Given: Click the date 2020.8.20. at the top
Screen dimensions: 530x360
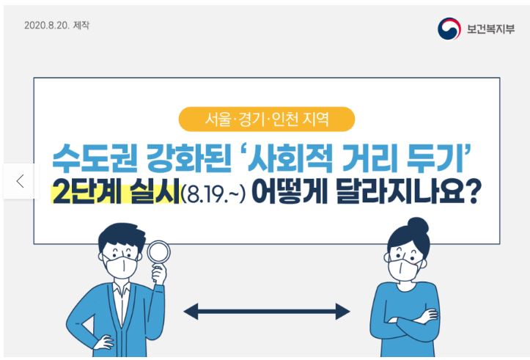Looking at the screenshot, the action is tap(47, 26).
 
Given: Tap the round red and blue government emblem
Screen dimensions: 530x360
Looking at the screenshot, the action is tap(449, 29).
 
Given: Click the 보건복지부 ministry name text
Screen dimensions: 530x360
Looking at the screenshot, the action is tap(491, 29).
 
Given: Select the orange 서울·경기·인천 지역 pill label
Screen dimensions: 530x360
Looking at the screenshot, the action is tap(267, 119).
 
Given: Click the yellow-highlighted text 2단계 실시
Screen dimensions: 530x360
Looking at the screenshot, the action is tap(116, 191).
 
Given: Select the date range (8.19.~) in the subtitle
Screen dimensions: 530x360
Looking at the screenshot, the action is tap(213, 193).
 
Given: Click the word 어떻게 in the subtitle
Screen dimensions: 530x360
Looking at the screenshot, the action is tap(290, 191).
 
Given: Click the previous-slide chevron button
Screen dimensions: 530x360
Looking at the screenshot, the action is tap(21, 181).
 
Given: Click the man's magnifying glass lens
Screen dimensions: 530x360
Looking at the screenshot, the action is tap(158, 251).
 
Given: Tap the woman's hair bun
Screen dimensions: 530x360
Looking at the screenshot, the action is tap(418, 226).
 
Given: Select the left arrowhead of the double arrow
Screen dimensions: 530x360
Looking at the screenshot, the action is tap(191, 312).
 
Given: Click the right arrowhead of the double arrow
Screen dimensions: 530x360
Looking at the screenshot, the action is tap(343, 312).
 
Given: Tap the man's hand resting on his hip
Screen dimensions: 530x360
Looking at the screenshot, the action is tap(103, 342).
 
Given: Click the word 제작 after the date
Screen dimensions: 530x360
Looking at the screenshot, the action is tap(81, 26).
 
